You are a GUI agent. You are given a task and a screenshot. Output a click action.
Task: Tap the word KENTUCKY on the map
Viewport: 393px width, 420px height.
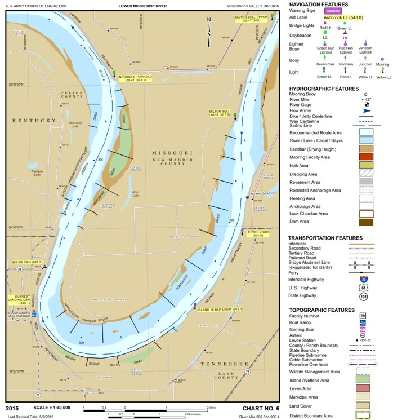(34, 121)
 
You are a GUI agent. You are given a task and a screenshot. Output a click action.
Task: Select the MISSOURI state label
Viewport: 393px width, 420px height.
(172, 153)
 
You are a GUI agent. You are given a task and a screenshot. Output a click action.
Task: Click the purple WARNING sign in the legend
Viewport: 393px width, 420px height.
(333, 10)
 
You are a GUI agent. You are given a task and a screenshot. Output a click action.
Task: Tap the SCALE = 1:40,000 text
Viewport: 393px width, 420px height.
(56, 407)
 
